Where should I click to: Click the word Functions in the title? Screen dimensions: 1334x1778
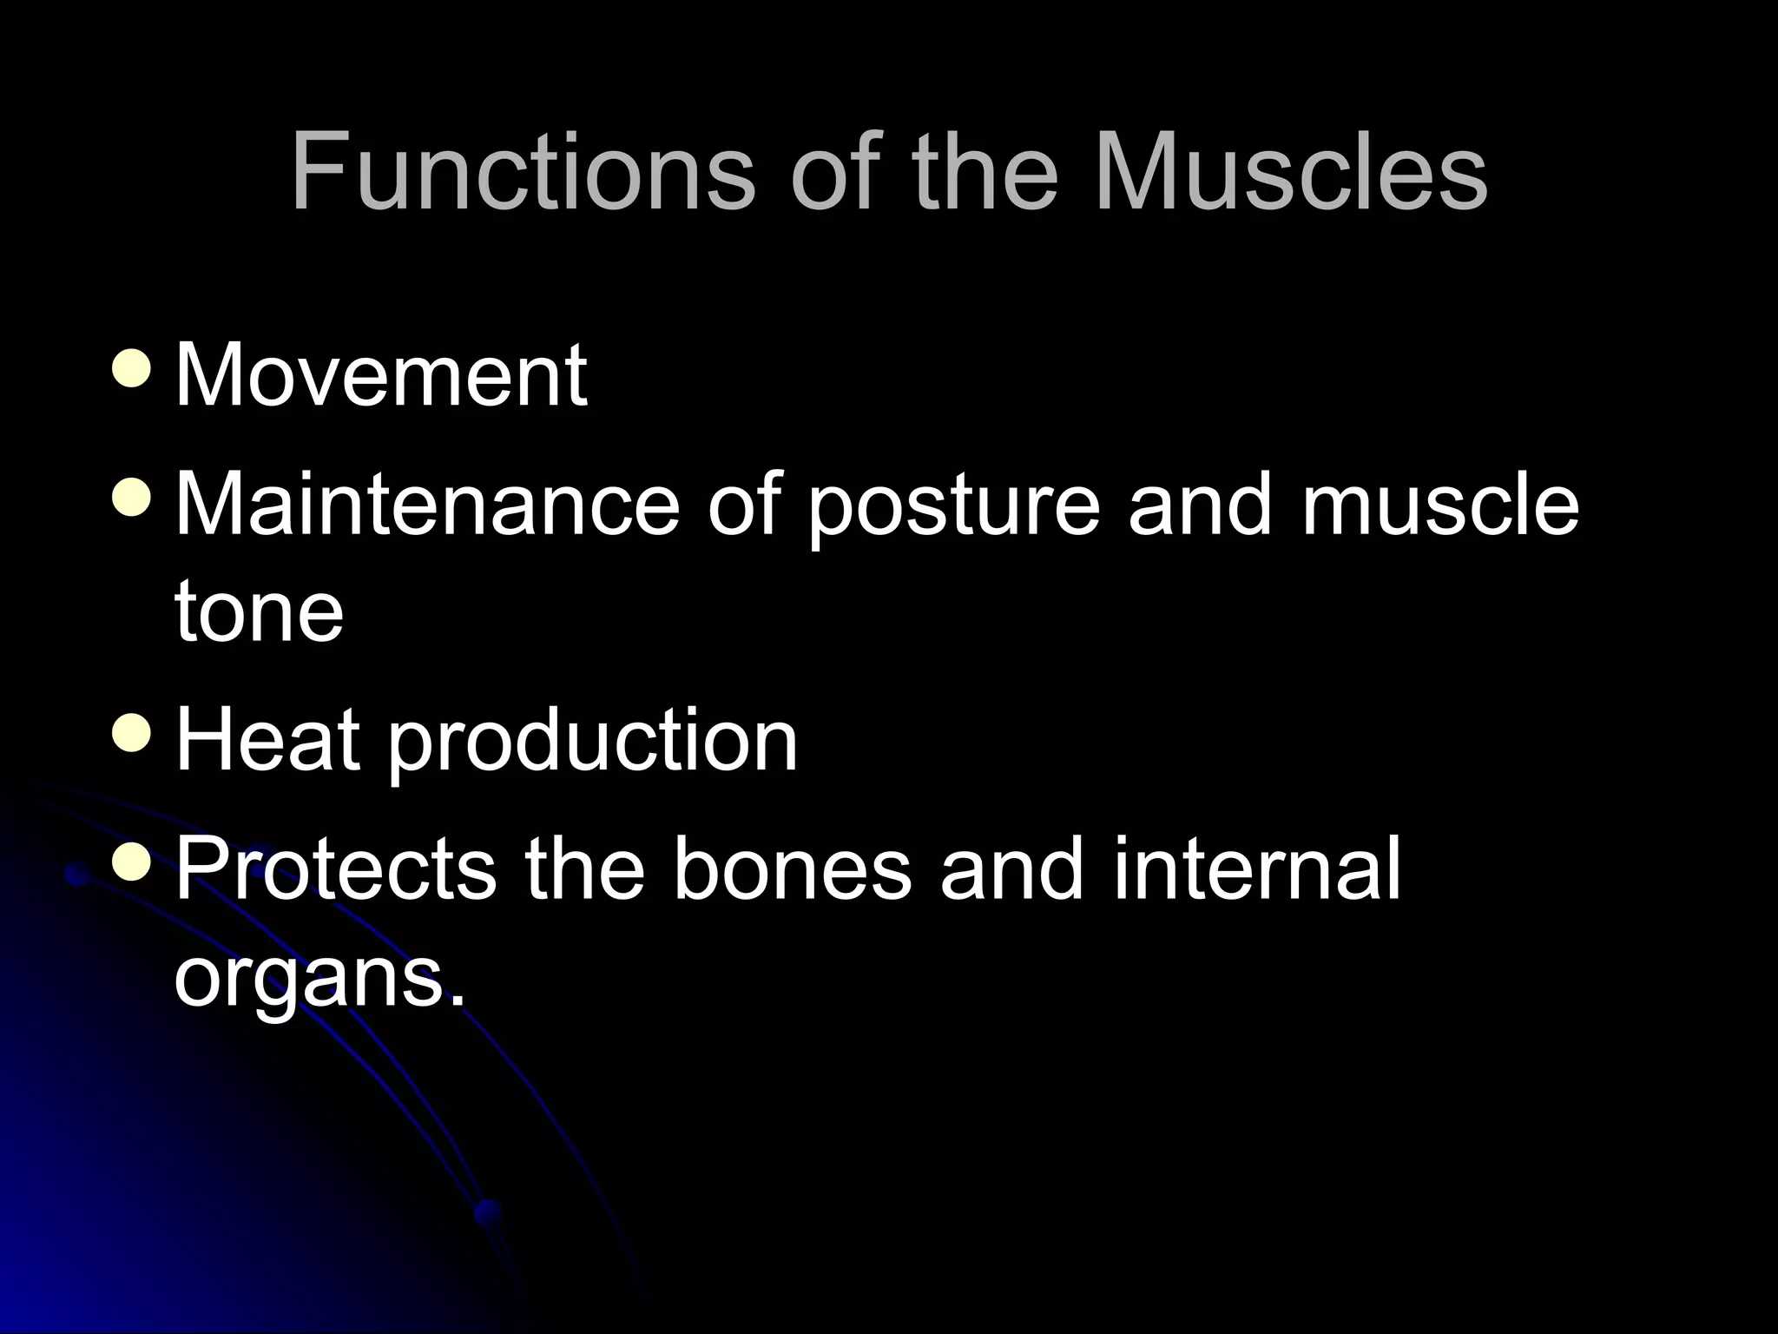pyautogui.click(x=522, y=172)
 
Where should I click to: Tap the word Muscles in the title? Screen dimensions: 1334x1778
pyautogui.click(x=1291, y=172)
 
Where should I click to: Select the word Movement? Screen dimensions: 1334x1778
pyautogui.click(x=380, y=375)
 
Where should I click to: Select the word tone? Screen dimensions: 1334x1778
pyautogui.click(x=259, y=612)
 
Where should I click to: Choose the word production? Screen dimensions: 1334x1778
pyautogui.click(x=591, y=743)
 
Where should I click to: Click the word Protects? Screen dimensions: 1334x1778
pyautogui.click(x=336, y=869)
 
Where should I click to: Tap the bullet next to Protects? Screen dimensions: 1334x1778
pyautogui.click(x=133, y=863)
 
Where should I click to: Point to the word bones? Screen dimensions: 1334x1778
pyautogui.click(x=793, y=869)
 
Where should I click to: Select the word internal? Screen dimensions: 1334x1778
pyautogui.click(x=1257, y=869)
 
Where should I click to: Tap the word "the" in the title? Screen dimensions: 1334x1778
pyautogui.click(x=985, y=172)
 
